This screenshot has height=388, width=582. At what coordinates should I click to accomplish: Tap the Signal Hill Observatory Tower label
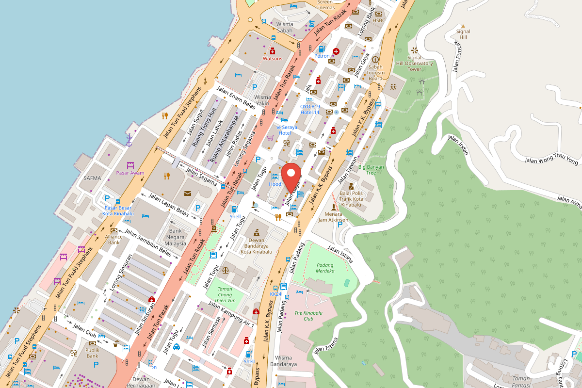[x=414, y=63]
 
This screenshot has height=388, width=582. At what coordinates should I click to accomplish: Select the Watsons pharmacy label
[x=272, y=59]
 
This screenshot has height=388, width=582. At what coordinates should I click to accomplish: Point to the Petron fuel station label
[x=322, y=56]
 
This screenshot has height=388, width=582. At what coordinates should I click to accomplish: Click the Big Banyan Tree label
[x=371, y=170]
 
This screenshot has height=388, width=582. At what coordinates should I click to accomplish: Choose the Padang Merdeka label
[x=325, y=268]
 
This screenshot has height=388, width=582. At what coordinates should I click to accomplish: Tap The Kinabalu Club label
[x=308, y=316]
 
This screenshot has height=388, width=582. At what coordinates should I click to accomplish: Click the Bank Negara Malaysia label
[x=175, y=237]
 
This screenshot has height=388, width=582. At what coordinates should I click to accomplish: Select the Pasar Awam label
[x=130, y=173]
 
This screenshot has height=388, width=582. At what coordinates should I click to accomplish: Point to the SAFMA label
[x=92, y=178]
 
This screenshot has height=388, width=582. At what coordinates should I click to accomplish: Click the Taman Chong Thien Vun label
[x=225, y=294]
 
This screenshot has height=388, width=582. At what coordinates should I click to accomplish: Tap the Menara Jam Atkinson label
[x=333, y=217]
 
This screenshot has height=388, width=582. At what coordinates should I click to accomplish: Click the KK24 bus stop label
[x=275, y=294]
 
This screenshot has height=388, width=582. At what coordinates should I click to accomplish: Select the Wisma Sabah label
[x=285, y=27]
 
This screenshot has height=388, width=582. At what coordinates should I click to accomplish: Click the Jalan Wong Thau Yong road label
[x=552, y=161]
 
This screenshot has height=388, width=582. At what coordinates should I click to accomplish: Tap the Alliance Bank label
[x=113, y=240]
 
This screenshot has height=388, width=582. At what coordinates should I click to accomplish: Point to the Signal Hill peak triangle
[x=463, y=26]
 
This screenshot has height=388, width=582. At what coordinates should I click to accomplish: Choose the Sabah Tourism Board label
[x=375, y=73]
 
